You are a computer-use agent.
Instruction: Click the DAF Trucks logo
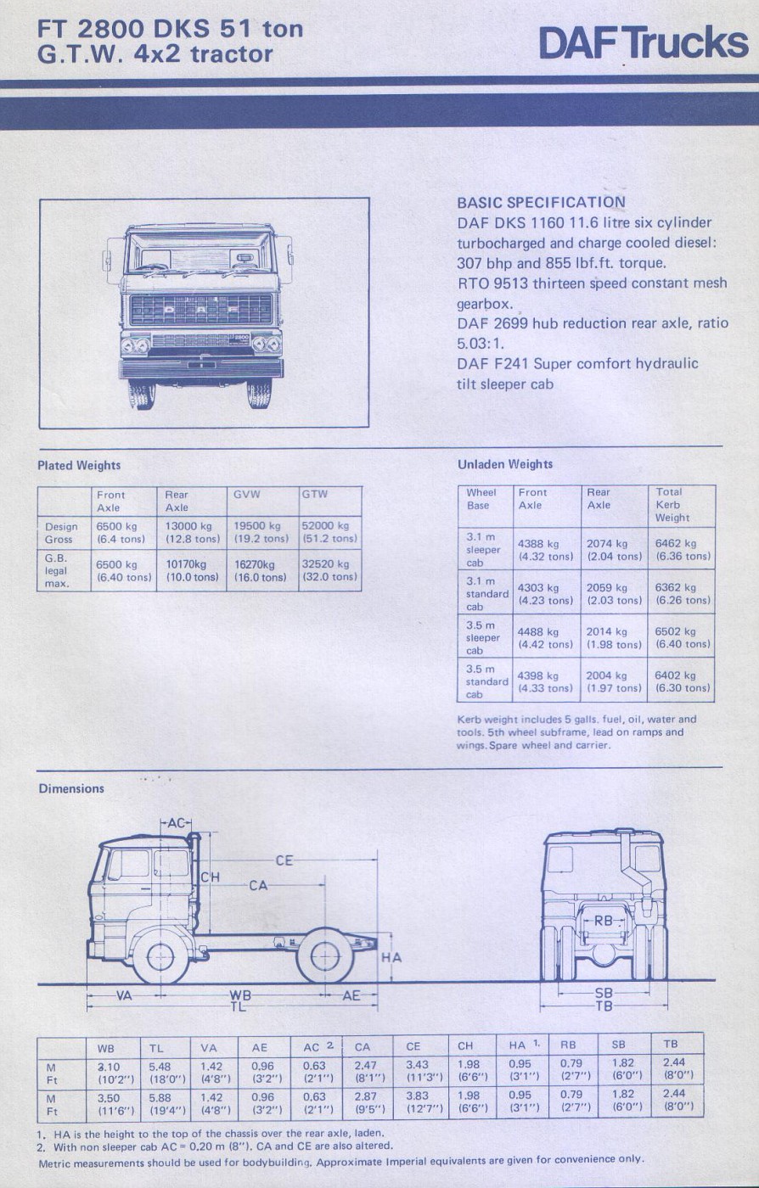click(644, 43)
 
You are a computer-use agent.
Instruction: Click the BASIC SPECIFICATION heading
click(541, 203)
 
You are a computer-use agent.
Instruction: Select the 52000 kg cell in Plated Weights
click(329, 532)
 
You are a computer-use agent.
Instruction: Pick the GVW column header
click(247, 494)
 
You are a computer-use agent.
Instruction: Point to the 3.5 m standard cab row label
click(486, 681)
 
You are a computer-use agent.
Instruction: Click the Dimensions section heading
click(71, 788)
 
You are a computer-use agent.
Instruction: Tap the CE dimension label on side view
click(284, 860)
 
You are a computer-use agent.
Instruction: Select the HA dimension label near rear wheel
click(391, 958)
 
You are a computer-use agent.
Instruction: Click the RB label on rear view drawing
click(604, 920)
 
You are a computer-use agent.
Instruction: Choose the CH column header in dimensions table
click(465, 1046)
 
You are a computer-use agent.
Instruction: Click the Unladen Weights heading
click(504, 464)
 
